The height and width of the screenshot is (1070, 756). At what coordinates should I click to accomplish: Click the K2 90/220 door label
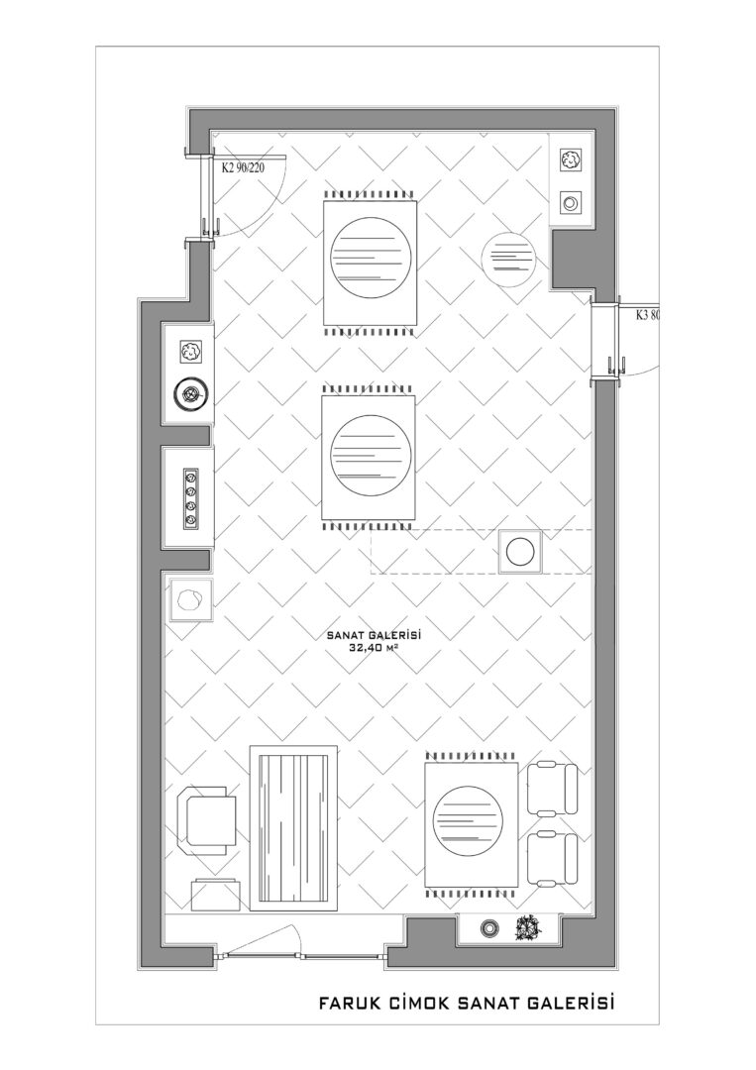[242, 167]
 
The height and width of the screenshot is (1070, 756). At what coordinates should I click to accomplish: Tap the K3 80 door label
[648, 315]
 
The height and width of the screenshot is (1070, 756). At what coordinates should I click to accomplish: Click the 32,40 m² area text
[373, 649]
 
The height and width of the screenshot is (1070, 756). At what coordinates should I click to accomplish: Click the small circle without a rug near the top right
[506, 257]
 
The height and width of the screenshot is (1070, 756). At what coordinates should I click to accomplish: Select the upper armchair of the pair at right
[553, 789]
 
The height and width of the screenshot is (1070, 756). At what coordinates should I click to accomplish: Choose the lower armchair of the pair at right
[553, 857]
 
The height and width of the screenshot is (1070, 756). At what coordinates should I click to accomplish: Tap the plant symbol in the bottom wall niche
[528, 927]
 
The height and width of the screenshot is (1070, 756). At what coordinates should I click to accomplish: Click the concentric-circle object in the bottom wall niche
[488, 927]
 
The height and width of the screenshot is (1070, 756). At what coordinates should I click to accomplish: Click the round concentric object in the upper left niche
[190, 393]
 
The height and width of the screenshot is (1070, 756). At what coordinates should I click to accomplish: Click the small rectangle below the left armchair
[216, 894]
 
